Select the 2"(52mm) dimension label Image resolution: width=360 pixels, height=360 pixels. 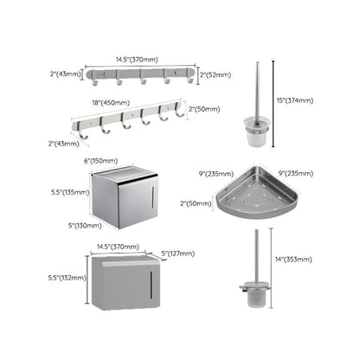pyautogui.click(x=216, y=75)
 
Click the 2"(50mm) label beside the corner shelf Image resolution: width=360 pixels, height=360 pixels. pyautogui.click(x=195, y=203)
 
